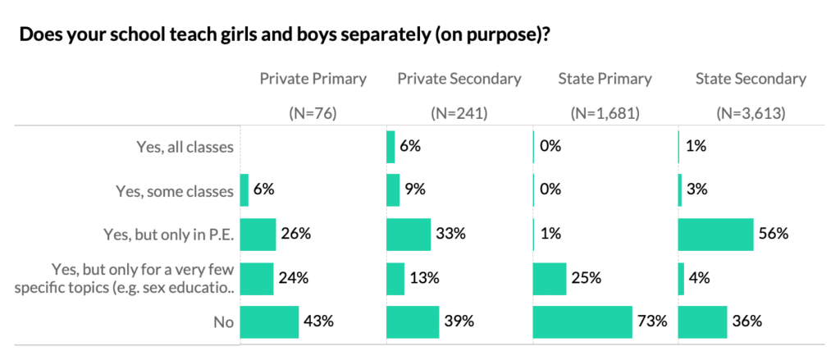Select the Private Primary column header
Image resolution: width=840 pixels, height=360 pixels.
click(x=313, y=79)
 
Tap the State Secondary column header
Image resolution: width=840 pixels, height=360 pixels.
click(x=751, y=79)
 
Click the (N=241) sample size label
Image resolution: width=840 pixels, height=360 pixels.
click(x=459, y=114)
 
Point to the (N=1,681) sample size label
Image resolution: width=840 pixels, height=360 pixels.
click(x=605, y=114)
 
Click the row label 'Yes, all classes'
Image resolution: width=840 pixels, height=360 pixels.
click(x=185, y=148)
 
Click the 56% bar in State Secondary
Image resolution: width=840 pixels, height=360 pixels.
click(x=715, y=234)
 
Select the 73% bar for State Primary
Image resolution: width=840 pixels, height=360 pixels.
click(x=582, y=321)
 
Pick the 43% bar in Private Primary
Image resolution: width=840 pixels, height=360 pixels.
click(x=269, y=321)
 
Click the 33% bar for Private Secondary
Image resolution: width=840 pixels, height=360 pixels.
click(x=409, y=234)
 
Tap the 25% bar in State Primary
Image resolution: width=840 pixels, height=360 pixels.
click(x=550, y=278)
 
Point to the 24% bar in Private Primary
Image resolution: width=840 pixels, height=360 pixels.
click(x=256, y=278)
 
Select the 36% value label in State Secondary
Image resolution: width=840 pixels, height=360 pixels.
click(x=747, y=321)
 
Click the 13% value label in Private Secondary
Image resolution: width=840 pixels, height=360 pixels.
click(x=423, y=278)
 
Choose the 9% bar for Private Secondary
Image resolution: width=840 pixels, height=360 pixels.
click(x=393, y=190)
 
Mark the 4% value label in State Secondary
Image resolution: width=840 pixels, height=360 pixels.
click(x=699, y=278)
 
